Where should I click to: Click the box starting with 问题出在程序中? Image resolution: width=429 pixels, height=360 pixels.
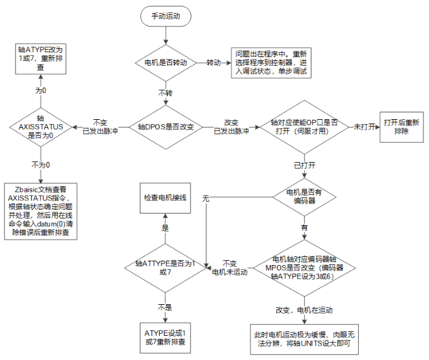pyautogui.click(x=272, y=63)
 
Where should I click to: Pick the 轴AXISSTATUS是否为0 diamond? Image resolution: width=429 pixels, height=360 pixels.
pyautogui.click(x=40, y=126)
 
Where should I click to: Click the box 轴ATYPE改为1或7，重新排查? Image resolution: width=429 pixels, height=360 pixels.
pyautogui.click(x=40, y=58)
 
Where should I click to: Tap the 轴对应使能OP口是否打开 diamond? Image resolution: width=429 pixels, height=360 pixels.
pyautogui.click(x=304, y=126)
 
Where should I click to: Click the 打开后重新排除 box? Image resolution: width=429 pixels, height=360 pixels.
pyautogui.click(x=401, y=126)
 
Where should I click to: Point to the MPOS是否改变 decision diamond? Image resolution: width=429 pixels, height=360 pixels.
pyautogui.click(x=304, y=267)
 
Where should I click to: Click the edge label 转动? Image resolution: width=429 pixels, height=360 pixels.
pyautogui.click(x=214, y=63)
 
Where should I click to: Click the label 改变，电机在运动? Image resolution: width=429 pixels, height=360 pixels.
pyautogui.click(x=304, y=309)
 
